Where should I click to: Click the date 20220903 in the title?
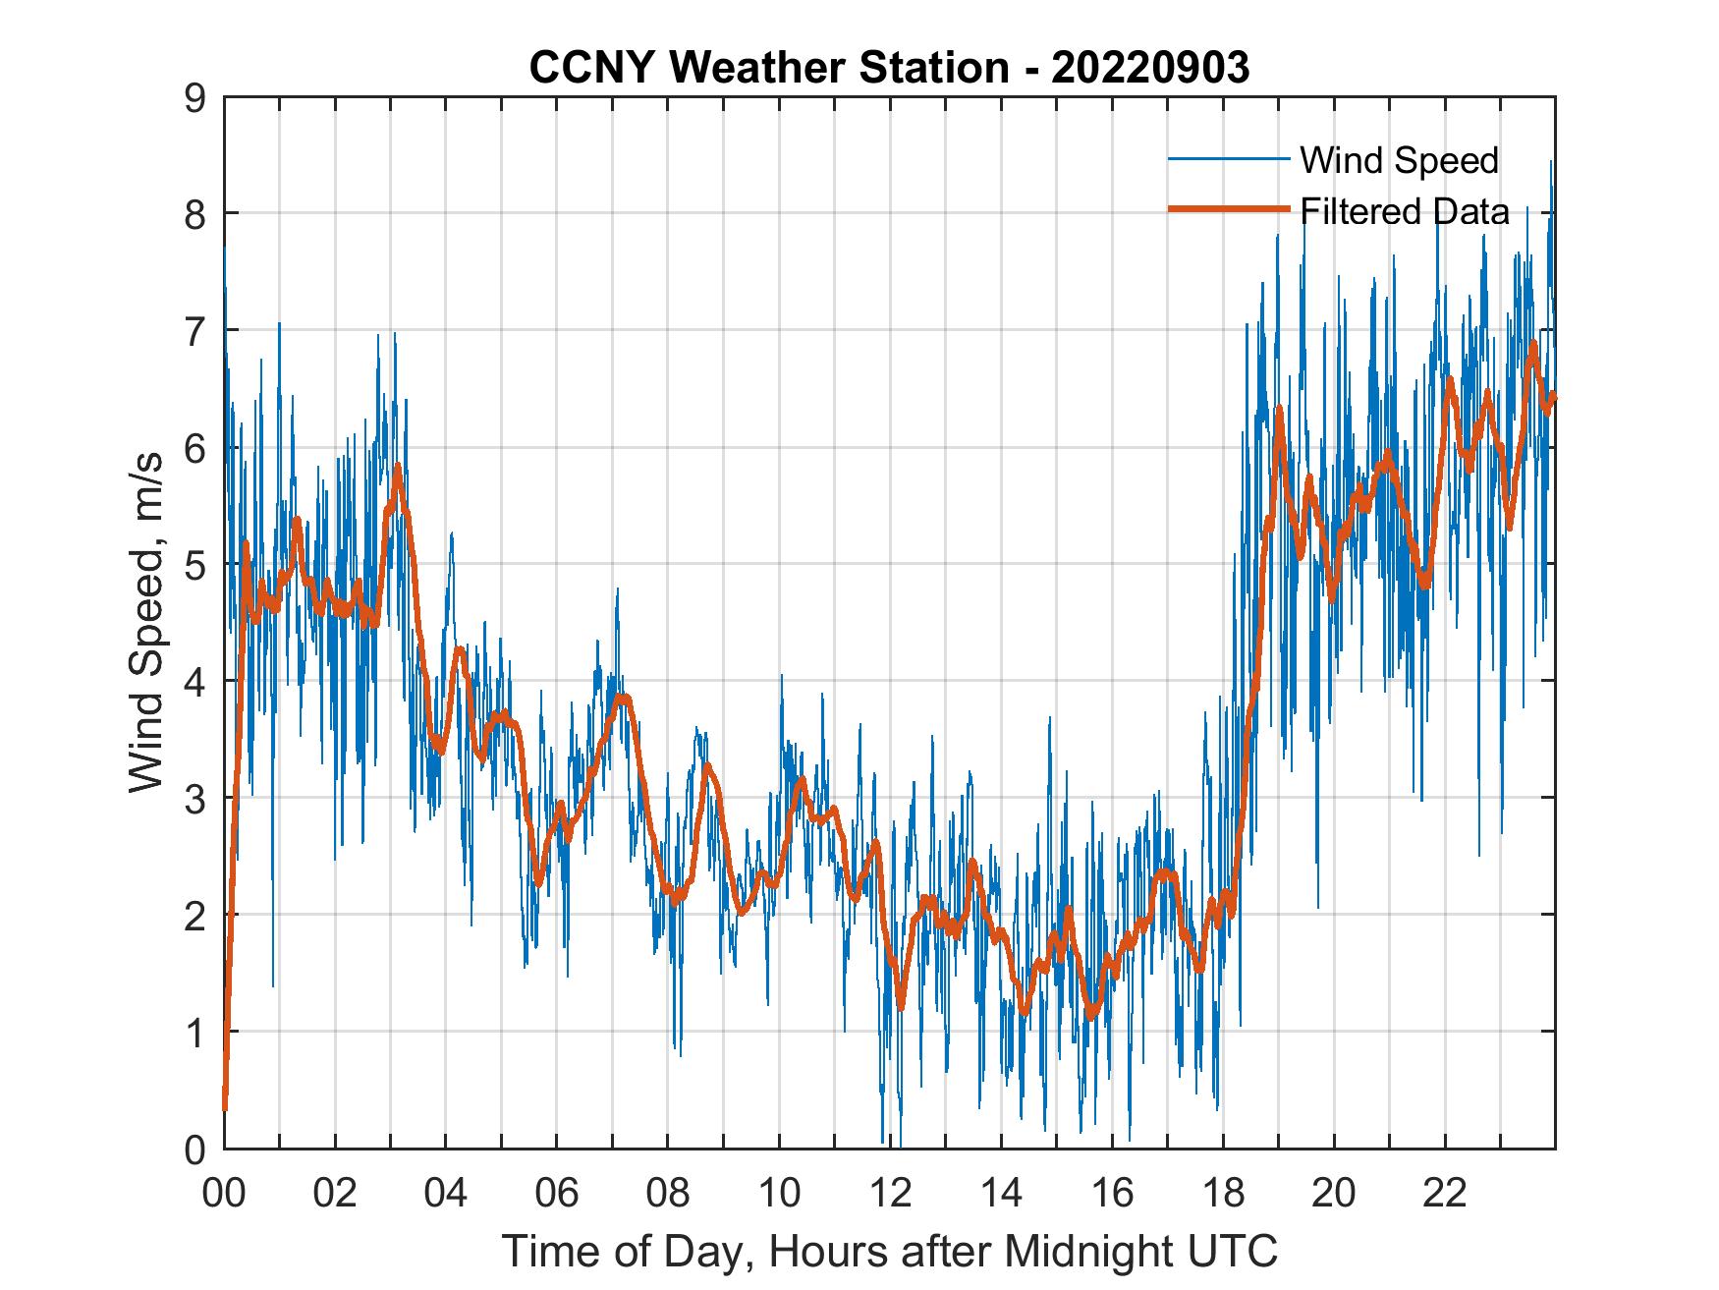coord(1150,68)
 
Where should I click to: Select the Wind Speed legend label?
coord(1399,160)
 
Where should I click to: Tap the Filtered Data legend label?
coord(1405,211)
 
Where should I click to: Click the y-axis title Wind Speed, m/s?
coord(146,623)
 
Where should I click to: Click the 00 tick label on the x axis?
coord(224,1194)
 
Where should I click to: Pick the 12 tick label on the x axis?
coord(890,1194)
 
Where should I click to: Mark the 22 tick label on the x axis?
coord(1445,1194)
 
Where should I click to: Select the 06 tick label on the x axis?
coord(557,1194)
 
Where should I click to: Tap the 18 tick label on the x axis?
coord(1223,1194)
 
